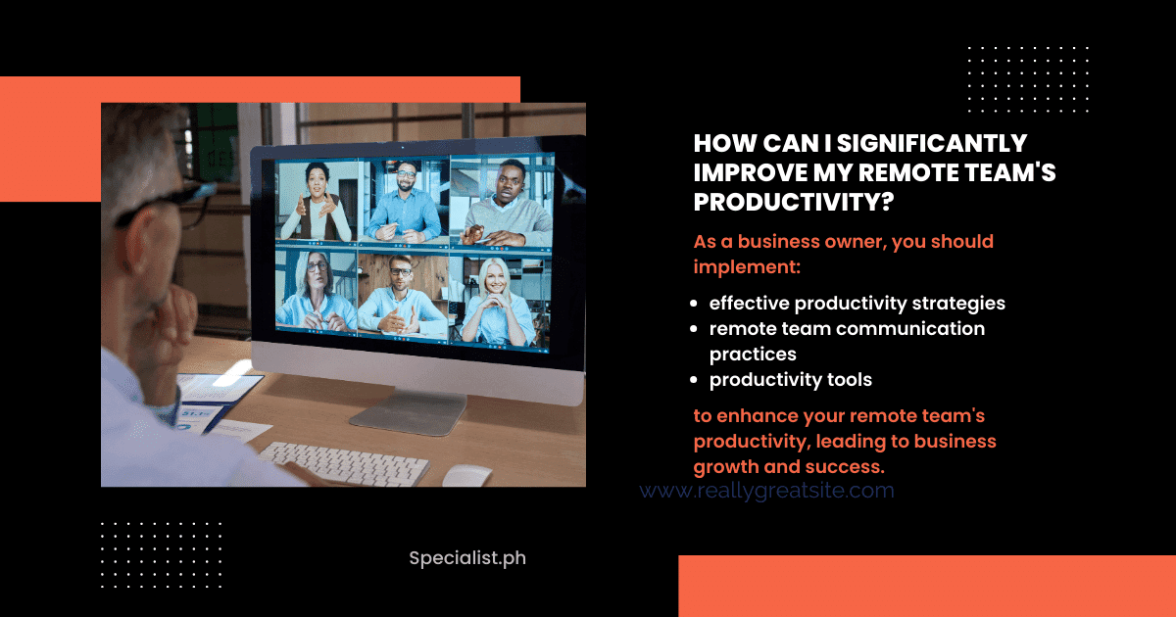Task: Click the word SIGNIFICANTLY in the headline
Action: [x=932, y=143]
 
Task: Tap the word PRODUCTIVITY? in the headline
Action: [x=794, y=202]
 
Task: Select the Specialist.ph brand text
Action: [x=467, y=558]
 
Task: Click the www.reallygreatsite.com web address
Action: [x=766, y=491]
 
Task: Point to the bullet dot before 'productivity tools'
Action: [x=694, y=379]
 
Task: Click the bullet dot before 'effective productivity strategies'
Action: [x=694, y=304]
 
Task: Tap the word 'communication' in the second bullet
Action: [x=910, y=328]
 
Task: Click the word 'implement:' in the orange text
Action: [x=747, y=267]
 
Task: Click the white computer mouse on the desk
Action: [x=466, y=475]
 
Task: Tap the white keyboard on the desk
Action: [x=344, y=462]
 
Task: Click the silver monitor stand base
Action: [x=409, y=413]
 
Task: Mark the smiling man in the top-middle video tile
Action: [x=404, y=202]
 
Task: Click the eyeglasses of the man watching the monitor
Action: [x=167, y=204]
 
